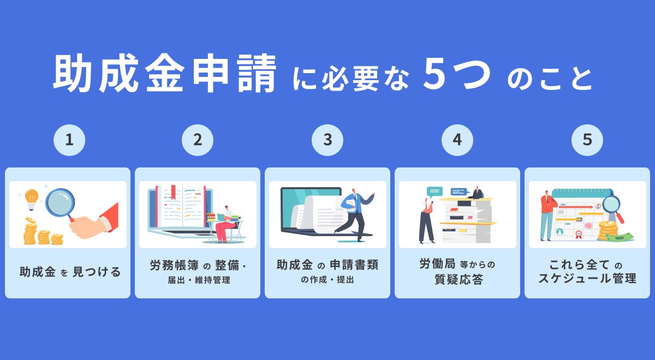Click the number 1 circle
[x=69, y=140]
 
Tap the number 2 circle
[x=198, y=140]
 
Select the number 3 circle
[x=327, y=140]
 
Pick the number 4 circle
[x=457, y=140]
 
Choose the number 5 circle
[x=587, y=140]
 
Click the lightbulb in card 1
[x=32, y=198]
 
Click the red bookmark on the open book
[x=173, y=192]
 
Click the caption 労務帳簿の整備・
[x=198, y=266]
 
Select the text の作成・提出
[x=327, y=280]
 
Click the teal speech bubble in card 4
[x=434, y=191]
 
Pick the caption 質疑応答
[x=457, y=280]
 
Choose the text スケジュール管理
[x=587, y=279]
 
